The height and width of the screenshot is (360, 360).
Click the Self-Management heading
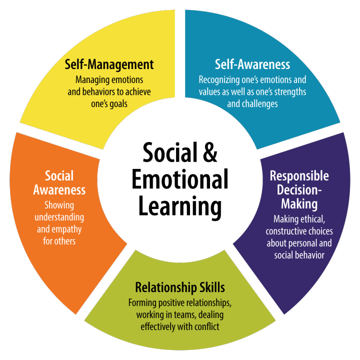coord(109,64)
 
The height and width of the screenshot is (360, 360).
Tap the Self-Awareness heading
coord(252,64)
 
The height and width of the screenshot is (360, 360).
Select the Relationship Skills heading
coord(180,287)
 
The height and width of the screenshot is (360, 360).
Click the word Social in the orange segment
coord(59,175)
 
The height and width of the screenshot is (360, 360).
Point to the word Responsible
coord(299,176)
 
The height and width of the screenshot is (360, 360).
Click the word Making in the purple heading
coord(299,204)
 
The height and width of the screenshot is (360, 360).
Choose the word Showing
coord(59,205)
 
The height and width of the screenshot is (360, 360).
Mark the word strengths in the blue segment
coord(291,92)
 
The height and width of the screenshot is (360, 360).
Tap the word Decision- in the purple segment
coord(299,190)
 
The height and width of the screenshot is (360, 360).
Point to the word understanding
coord(59,217)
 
